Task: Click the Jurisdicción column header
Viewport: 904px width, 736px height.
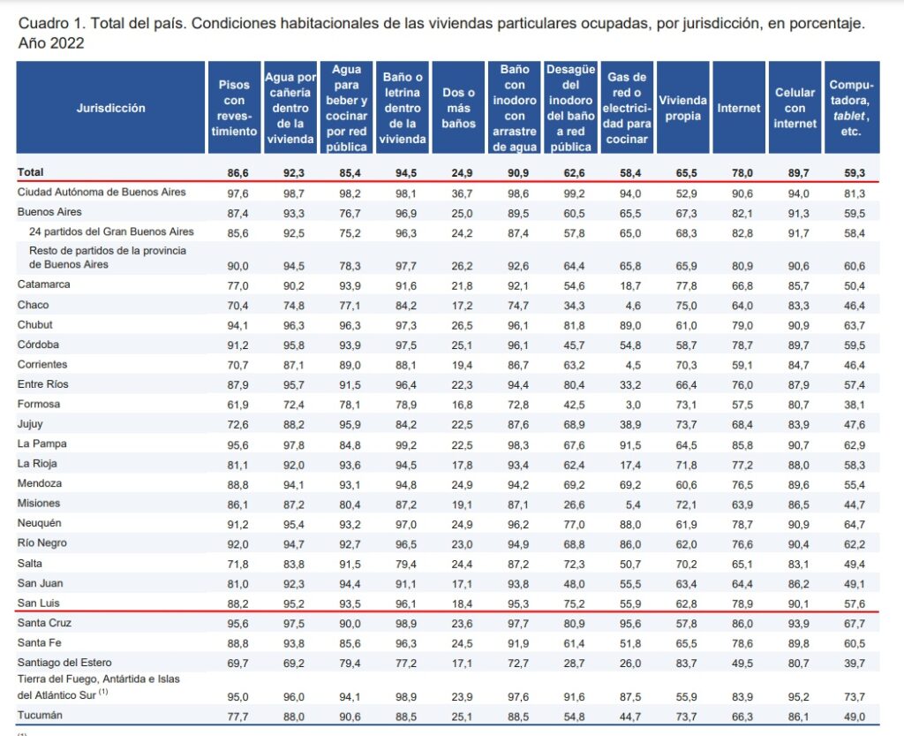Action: (110, 108)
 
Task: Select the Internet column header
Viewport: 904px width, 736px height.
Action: (738, 108)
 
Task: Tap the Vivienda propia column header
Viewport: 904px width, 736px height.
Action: (682, 108)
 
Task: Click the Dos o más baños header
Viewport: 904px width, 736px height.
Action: (458, 108)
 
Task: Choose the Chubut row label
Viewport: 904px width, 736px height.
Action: (35, 324)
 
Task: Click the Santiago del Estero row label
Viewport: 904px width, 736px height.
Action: (64, 662)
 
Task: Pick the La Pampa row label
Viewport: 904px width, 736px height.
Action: (42, 444)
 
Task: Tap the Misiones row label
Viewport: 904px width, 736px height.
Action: (39, 503)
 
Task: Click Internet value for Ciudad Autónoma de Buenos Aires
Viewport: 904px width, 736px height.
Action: (739, 193)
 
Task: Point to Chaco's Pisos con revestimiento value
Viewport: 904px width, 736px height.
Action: (235, 305)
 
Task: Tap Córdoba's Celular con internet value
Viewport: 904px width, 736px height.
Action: (795, 345)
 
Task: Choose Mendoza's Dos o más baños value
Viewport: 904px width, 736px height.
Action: (458, 483)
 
